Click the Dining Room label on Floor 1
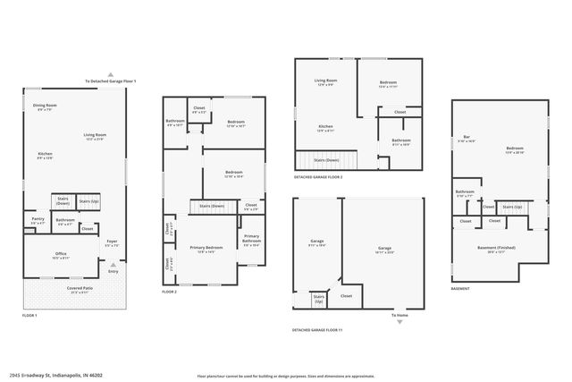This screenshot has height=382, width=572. click(x=45, y=106)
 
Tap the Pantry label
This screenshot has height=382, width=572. click(x=38, y=218)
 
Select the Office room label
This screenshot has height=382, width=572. click(x=61, y=254)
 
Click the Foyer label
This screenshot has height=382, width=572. click(x=112, y=242)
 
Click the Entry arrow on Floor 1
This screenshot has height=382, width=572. click(x=112, y=265)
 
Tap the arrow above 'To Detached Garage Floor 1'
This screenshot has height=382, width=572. click(x=110, y=73)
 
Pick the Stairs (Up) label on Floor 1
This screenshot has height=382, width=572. click(x=89, y=201)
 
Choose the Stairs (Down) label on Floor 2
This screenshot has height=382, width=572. click(x=214, y=206)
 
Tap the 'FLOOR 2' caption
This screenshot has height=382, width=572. click(x=169, y=293)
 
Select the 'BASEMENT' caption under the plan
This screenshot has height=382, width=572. click(x=460, y=289)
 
